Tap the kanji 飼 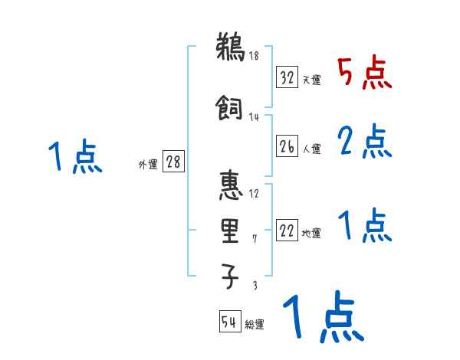pos(230,110)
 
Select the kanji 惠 pos(230,186)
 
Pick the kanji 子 pos(230,277)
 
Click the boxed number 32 pos(287,77)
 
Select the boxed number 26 pos(287,146)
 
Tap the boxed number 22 pos(287,231)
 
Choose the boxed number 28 pos(173,162)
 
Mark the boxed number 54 pos(229,322)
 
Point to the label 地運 pos(311,234)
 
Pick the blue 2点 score pos(364,142)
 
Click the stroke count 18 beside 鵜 pos(255,56)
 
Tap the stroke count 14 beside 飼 pos(255,116)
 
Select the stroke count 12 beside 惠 pos(255,193)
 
